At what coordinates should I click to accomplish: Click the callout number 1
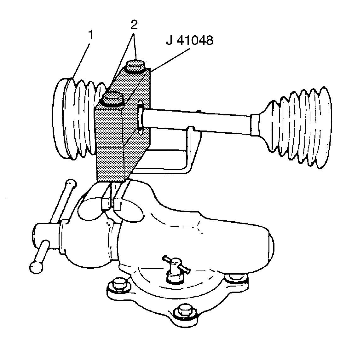[90, 35]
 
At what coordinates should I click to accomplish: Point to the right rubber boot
[299, 126]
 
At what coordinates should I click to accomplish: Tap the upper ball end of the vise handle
[71, 183]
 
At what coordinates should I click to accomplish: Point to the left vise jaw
[105, 203]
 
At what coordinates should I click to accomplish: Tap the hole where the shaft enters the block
[140, 117]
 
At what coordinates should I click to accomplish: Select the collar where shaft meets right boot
[256, 125]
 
